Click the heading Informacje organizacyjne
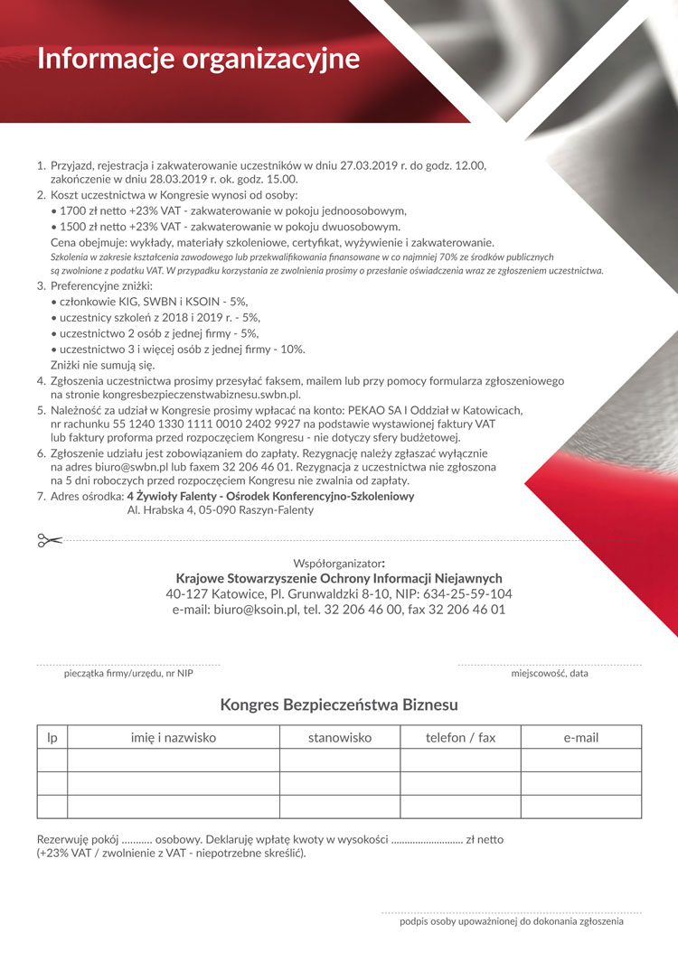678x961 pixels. click(x=198, y=59)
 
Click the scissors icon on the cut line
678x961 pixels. click(x=49, y=540)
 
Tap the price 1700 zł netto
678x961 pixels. click(x=92, y=210)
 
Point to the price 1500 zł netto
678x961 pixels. click(x=92, y=227)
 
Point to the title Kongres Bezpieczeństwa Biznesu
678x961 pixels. click(x=339, y=704)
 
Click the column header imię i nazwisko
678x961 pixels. click(x=173, y=738)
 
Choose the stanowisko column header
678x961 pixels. click(x=339, y=738)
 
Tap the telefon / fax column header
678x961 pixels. click(x=460, y=738)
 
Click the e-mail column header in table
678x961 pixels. click(x=580, y=738)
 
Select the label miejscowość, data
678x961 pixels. click(x=550, y=673)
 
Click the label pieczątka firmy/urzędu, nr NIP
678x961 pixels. click(x=128, y=673)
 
